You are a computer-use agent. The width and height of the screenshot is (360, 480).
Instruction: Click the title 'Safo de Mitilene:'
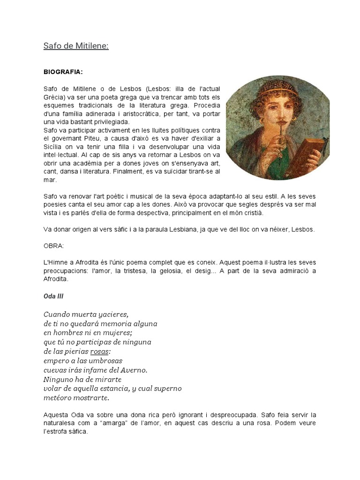pos(76,46)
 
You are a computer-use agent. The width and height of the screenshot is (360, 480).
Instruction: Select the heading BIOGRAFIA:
pos(63,72)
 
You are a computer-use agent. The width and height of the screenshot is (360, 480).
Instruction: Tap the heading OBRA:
pos(54,245)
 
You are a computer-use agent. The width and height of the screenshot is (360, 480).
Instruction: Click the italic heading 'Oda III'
pos(54,296)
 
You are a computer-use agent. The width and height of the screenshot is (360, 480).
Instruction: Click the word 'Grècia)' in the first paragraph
pos(55,97)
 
